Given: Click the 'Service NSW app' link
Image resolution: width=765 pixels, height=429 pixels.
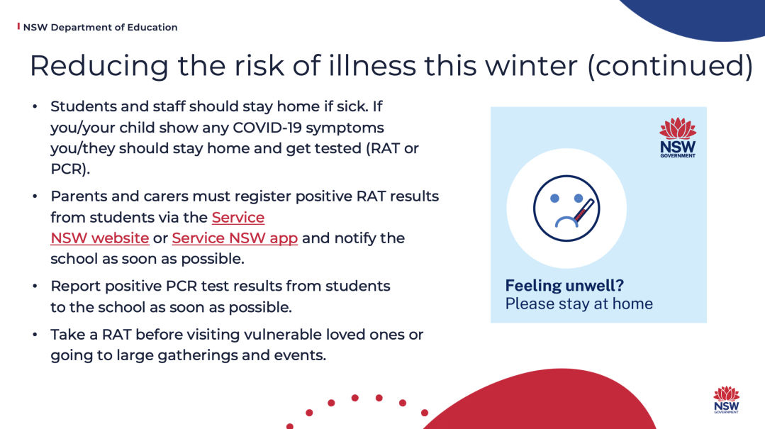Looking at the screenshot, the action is pos(235,238).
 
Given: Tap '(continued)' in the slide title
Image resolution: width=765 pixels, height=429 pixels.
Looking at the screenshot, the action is pos(671,67).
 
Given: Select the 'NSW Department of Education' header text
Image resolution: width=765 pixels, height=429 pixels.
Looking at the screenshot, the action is pos(100,28).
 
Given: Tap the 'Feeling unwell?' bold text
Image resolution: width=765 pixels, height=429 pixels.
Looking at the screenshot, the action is pos(564,286).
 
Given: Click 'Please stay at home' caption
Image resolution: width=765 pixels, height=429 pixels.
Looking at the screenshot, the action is pos(579,303).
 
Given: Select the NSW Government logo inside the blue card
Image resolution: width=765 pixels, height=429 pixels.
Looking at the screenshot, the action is pos(678,138).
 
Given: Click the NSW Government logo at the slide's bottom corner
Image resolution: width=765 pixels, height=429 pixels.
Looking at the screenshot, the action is pos(727,400).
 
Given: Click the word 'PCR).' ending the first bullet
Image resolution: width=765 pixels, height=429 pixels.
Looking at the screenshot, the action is pos(70,169).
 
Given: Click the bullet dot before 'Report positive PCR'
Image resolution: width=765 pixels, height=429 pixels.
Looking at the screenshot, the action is pos(35,286).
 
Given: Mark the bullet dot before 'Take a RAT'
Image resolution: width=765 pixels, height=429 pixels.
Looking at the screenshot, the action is pos(35,334).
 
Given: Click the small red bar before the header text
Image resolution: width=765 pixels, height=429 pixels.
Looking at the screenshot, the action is pos(18,26).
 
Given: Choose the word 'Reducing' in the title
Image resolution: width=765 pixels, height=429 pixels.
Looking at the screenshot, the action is pos(99,67).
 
